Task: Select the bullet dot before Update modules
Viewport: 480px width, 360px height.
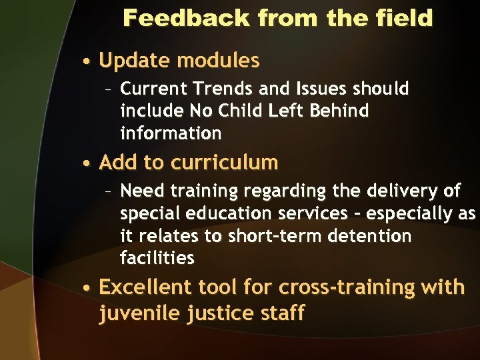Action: coord(88,62)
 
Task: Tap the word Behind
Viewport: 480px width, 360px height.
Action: coord(337,111)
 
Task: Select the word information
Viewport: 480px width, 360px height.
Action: coord(171,133)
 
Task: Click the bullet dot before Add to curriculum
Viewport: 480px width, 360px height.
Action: coord(88,163)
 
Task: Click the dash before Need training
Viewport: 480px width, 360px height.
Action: coord(109,192)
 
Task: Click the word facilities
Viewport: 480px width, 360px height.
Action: coord(157,258)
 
